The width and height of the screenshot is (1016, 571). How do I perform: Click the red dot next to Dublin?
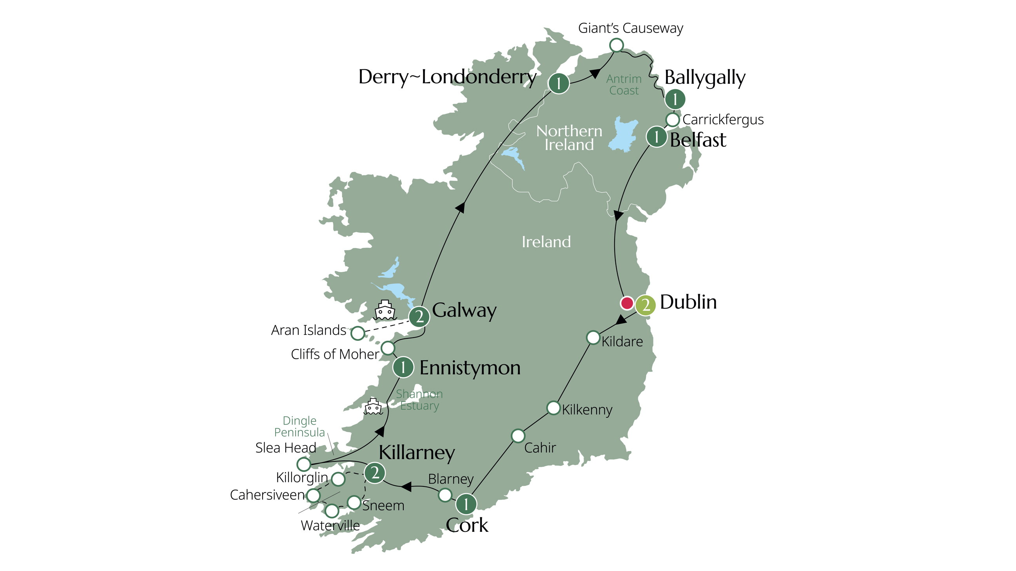point(627,304)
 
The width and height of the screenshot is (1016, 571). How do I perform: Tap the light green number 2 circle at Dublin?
point(646,305)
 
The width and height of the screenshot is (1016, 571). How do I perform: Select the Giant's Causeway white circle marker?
point(617,45)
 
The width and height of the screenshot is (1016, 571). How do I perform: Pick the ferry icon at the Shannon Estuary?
point(373,407)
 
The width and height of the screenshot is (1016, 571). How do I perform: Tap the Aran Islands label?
point(308,330)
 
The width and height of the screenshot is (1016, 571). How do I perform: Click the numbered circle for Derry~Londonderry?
point(559,83)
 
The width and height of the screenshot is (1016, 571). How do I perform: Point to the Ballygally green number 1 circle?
point(675,99)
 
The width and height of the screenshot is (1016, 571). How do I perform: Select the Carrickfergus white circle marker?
point(673,119)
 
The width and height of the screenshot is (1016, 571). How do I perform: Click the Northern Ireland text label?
point(569,138)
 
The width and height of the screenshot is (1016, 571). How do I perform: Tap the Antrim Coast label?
point(624,85)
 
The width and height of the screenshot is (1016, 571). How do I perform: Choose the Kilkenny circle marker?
point(553,408)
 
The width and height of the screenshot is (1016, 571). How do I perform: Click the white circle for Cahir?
point(518,436)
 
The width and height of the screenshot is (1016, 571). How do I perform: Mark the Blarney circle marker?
point(445,495)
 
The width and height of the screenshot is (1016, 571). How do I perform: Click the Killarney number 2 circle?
point(375,472)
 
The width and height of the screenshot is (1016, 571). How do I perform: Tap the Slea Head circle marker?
point(304,464)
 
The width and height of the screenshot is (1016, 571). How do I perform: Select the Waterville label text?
point(330,526)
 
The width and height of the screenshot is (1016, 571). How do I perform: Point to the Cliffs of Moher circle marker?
point(388,348)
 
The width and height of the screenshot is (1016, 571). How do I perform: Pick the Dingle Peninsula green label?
point(299,426)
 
